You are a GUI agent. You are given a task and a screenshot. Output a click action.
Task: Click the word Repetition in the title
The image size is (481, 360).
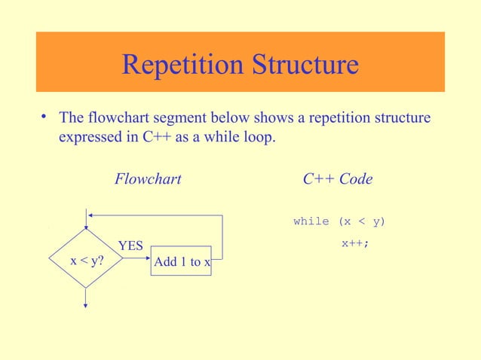[179, 66]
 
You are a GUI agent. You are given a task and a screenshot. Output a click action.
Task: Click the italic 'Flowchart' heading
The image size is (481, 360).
[147, 179]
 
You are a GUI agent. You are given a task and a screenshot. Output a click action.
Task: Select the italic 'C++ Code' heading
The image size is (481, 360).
[337, 179]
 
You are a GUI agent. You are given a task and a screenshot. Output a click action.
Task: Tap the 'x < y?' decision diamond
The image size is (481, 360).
[87, 261]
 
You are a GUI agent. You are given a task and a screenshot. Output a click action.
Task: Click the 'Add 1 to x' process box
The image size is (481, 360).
[182, 262]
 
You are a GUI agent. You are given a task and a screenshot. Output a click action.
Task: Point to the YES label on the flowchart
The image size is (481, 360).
[130, 246]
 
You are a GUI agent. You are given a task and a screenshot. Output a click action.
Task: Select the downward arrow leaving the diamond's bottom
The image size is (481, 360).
[87, 298]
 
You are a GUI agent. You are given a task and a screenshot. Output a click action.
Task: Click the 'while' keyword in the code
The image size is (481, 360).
[311, 221]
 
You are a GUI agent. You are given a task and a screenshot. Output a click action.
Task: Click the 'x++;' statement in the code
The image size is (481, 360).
[354, 243]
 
